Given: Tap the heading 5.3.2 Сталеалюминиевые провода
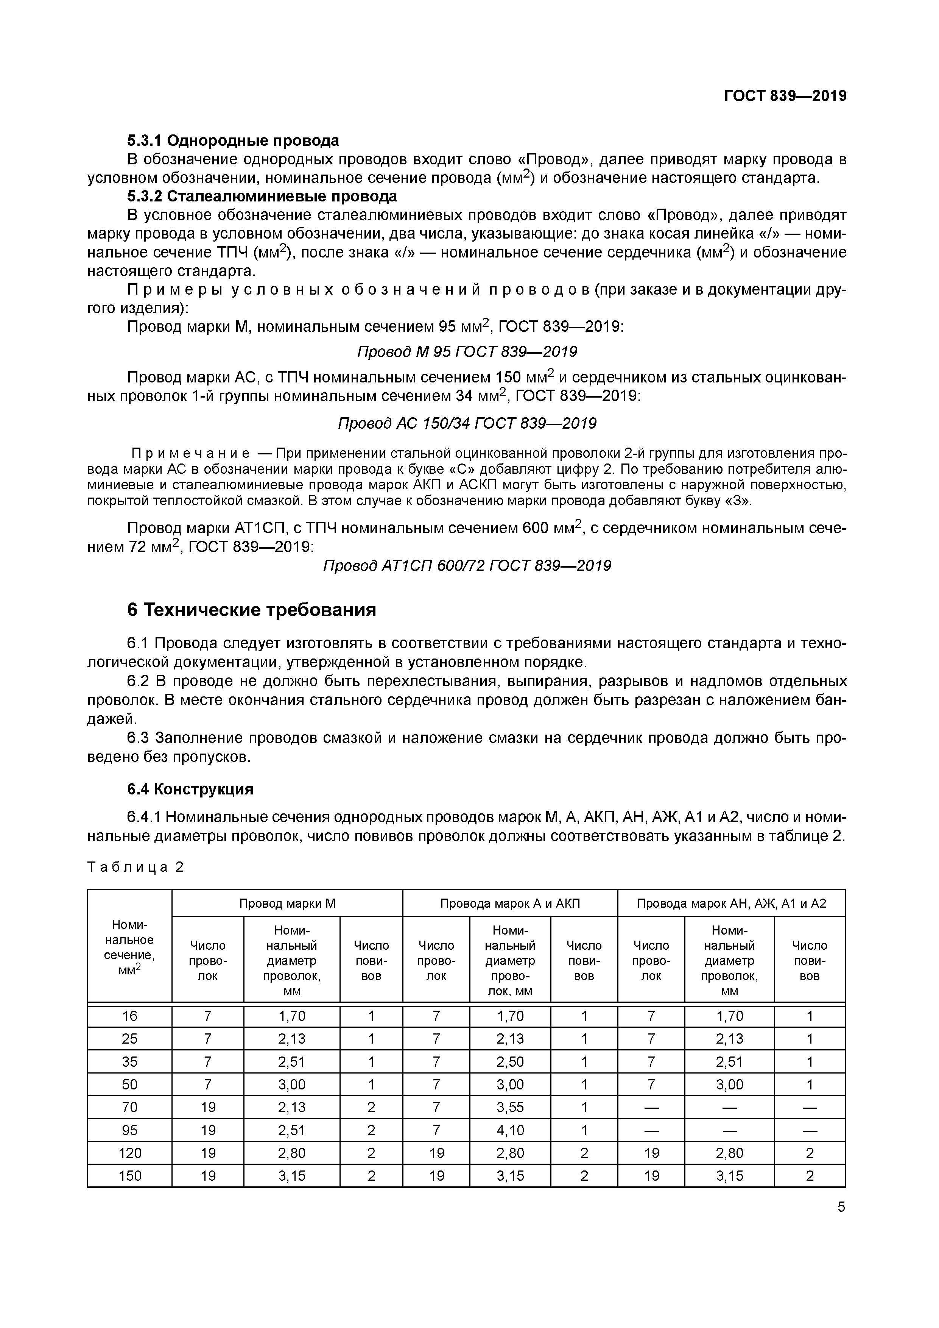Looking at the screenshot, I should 262,196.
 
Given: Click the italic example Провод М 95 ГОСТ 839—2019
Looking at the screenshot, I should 467,352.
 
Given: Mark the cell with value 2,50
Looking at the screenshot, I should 509,1061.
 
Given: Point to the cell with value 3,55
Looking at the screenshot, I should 509,1107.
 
